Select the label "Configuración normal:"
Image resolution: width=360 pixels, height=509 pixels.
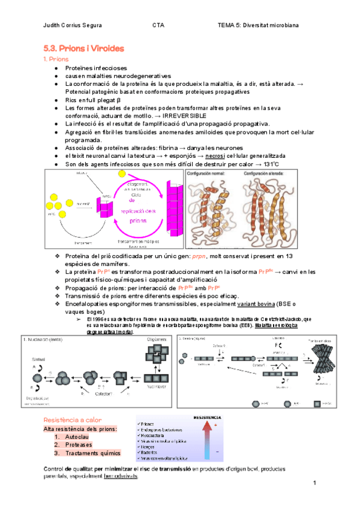[211, 173]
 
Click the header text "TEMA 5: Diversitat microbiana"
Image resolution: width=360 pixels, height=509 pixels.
[266, 26]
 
